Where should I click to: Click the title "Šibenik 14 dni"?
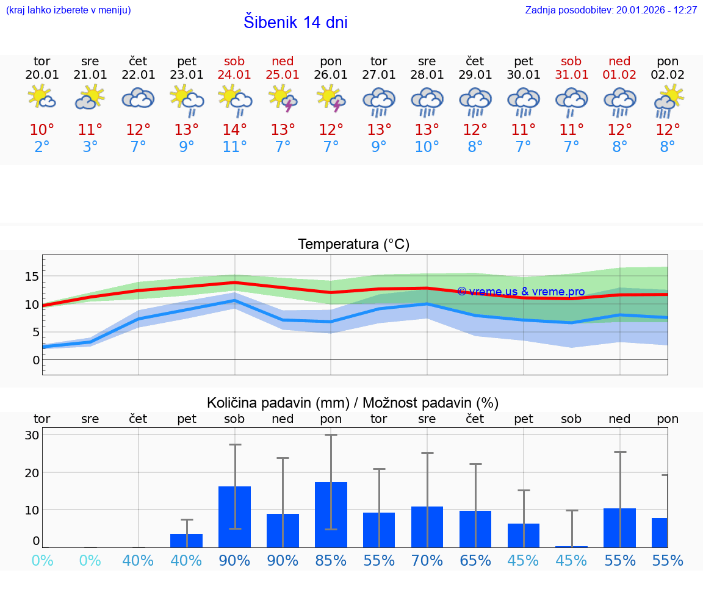[295, 23]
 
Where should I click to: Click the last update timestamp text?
[611, 10]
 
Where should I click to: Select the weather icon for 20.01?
[42, 98]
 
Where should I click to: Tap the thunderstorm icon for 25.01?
[283, 98]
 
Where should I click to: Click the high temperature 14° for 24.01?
[234, 130]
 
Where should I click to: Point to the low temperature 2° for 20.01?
[42, 147]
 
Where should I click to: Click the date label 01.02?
[619, 75]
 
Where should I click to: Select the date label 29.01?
[475, 75]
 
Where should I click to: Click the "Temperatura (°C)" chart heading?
[353, 245]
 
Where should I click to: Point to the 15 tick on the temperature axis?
[32, 276]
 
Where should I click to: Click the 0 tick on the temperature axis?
[36, 360]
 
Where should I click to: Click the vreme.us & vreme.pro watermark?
[521, 292]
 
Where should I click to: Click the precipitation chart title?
[353, 403]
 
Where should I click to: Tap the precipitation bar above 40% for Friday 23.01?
[186, 540]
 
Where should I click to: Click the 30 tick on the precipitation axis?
[32, 435]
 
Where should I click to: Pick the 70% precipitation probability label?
[427, 561]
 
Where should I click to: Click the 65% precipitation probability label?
[475, 561]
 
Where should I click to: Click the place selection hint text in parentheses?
[68, 10]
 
